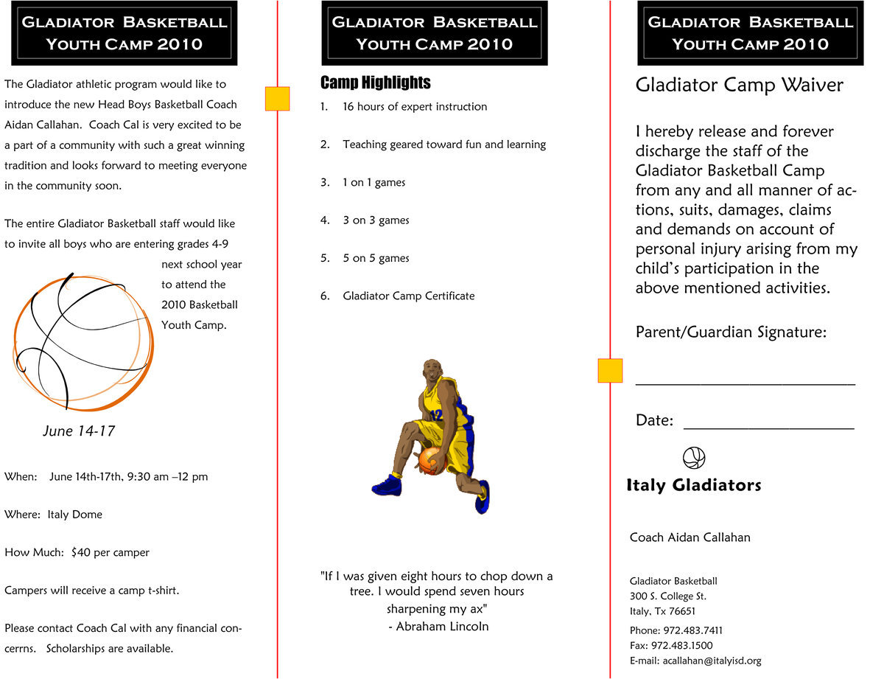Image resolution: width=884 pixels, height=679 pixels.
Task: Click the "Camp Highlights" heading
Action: pyautogui.click(x=376, y=83)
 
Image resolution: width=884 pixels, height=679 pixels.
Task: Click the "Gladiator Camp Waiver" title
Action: pyautogui.click(x=739, y=86)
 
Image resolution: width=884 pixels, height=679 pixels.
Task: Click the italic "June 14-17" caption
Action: pyautogui.click(x=79, y=431)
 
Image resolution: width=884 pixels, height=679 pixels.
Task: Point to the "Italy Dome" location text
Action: pyautogui.click(x=75, y=515)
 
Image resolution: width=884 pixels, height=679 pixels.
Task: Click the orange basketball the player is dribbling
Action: pyautogui.click(x=431, y=461)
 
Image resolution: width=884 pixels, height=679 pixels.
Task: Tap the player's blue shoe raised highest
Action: pyautogui.click(x=387, y=485)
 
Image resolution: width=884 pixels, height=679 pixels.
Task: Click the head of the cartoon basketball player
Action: pyautogui.click(x=433, y=369)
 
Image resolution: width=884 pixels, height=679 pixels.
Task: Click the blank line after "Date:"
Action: pyautogui.click(x=768, y=427)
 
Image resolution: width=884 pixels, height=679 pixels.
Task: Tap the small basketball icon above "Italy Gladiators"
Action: pyautogui.click(x=694, y=458)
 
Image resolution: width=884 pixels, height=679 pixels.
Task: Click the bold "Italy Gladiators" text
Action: pyautogui.click(x=694, y=485)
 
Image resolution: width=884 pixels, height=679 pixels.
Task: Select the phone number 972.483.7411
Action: pyautogui.click(x=693, y=630)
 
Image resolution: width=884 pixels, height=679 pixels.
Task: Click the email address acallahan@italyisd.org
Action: pyautogui.click(x=712, y=661)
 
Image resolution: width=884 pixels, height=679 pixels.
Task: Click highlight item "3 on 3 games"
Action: pyautogui.click(x=376, y=220)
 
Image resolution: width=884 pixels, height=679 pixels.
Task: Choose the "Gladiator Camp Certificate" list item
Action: pyautogui.click(x=409, y=296)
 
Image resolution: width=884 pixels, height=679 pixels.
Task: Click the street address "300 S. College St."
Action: pyautogui.click(x=668, y=596)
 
